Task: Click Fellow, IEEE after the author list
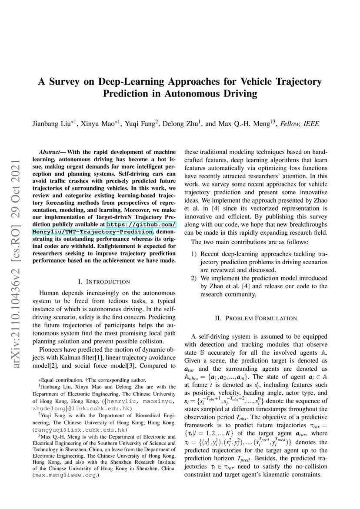pyautogui.click(x=301, y=124)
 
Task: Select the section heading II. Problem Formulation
pyautogui.click(x=256, y=318)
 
